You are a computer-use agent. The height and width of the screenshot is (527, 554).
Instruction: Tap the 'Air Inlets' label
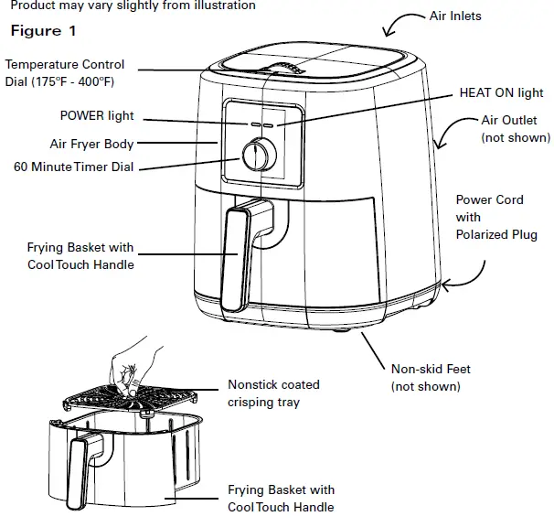tap(455, 16)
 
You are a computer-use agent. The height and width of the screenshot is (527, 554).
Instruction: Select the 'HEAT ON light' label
tap(500, 92)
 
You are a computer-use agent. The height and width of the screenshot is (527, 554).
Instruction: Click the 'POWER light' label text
tap(96, 116)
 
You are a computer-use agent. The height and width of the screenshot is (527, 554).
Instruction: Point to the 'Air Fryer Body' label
tap(91, 144)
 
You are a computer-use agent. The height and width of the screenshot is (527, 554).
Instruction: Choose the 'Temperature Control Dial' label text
tap(64, 72)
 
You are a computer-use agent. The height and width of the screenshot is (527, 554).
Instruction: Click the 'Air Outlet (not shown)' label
tap(516, 129)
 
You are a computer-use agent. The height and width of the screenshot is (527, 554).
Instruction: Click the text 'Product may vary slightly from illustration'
tap(128, 5)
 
